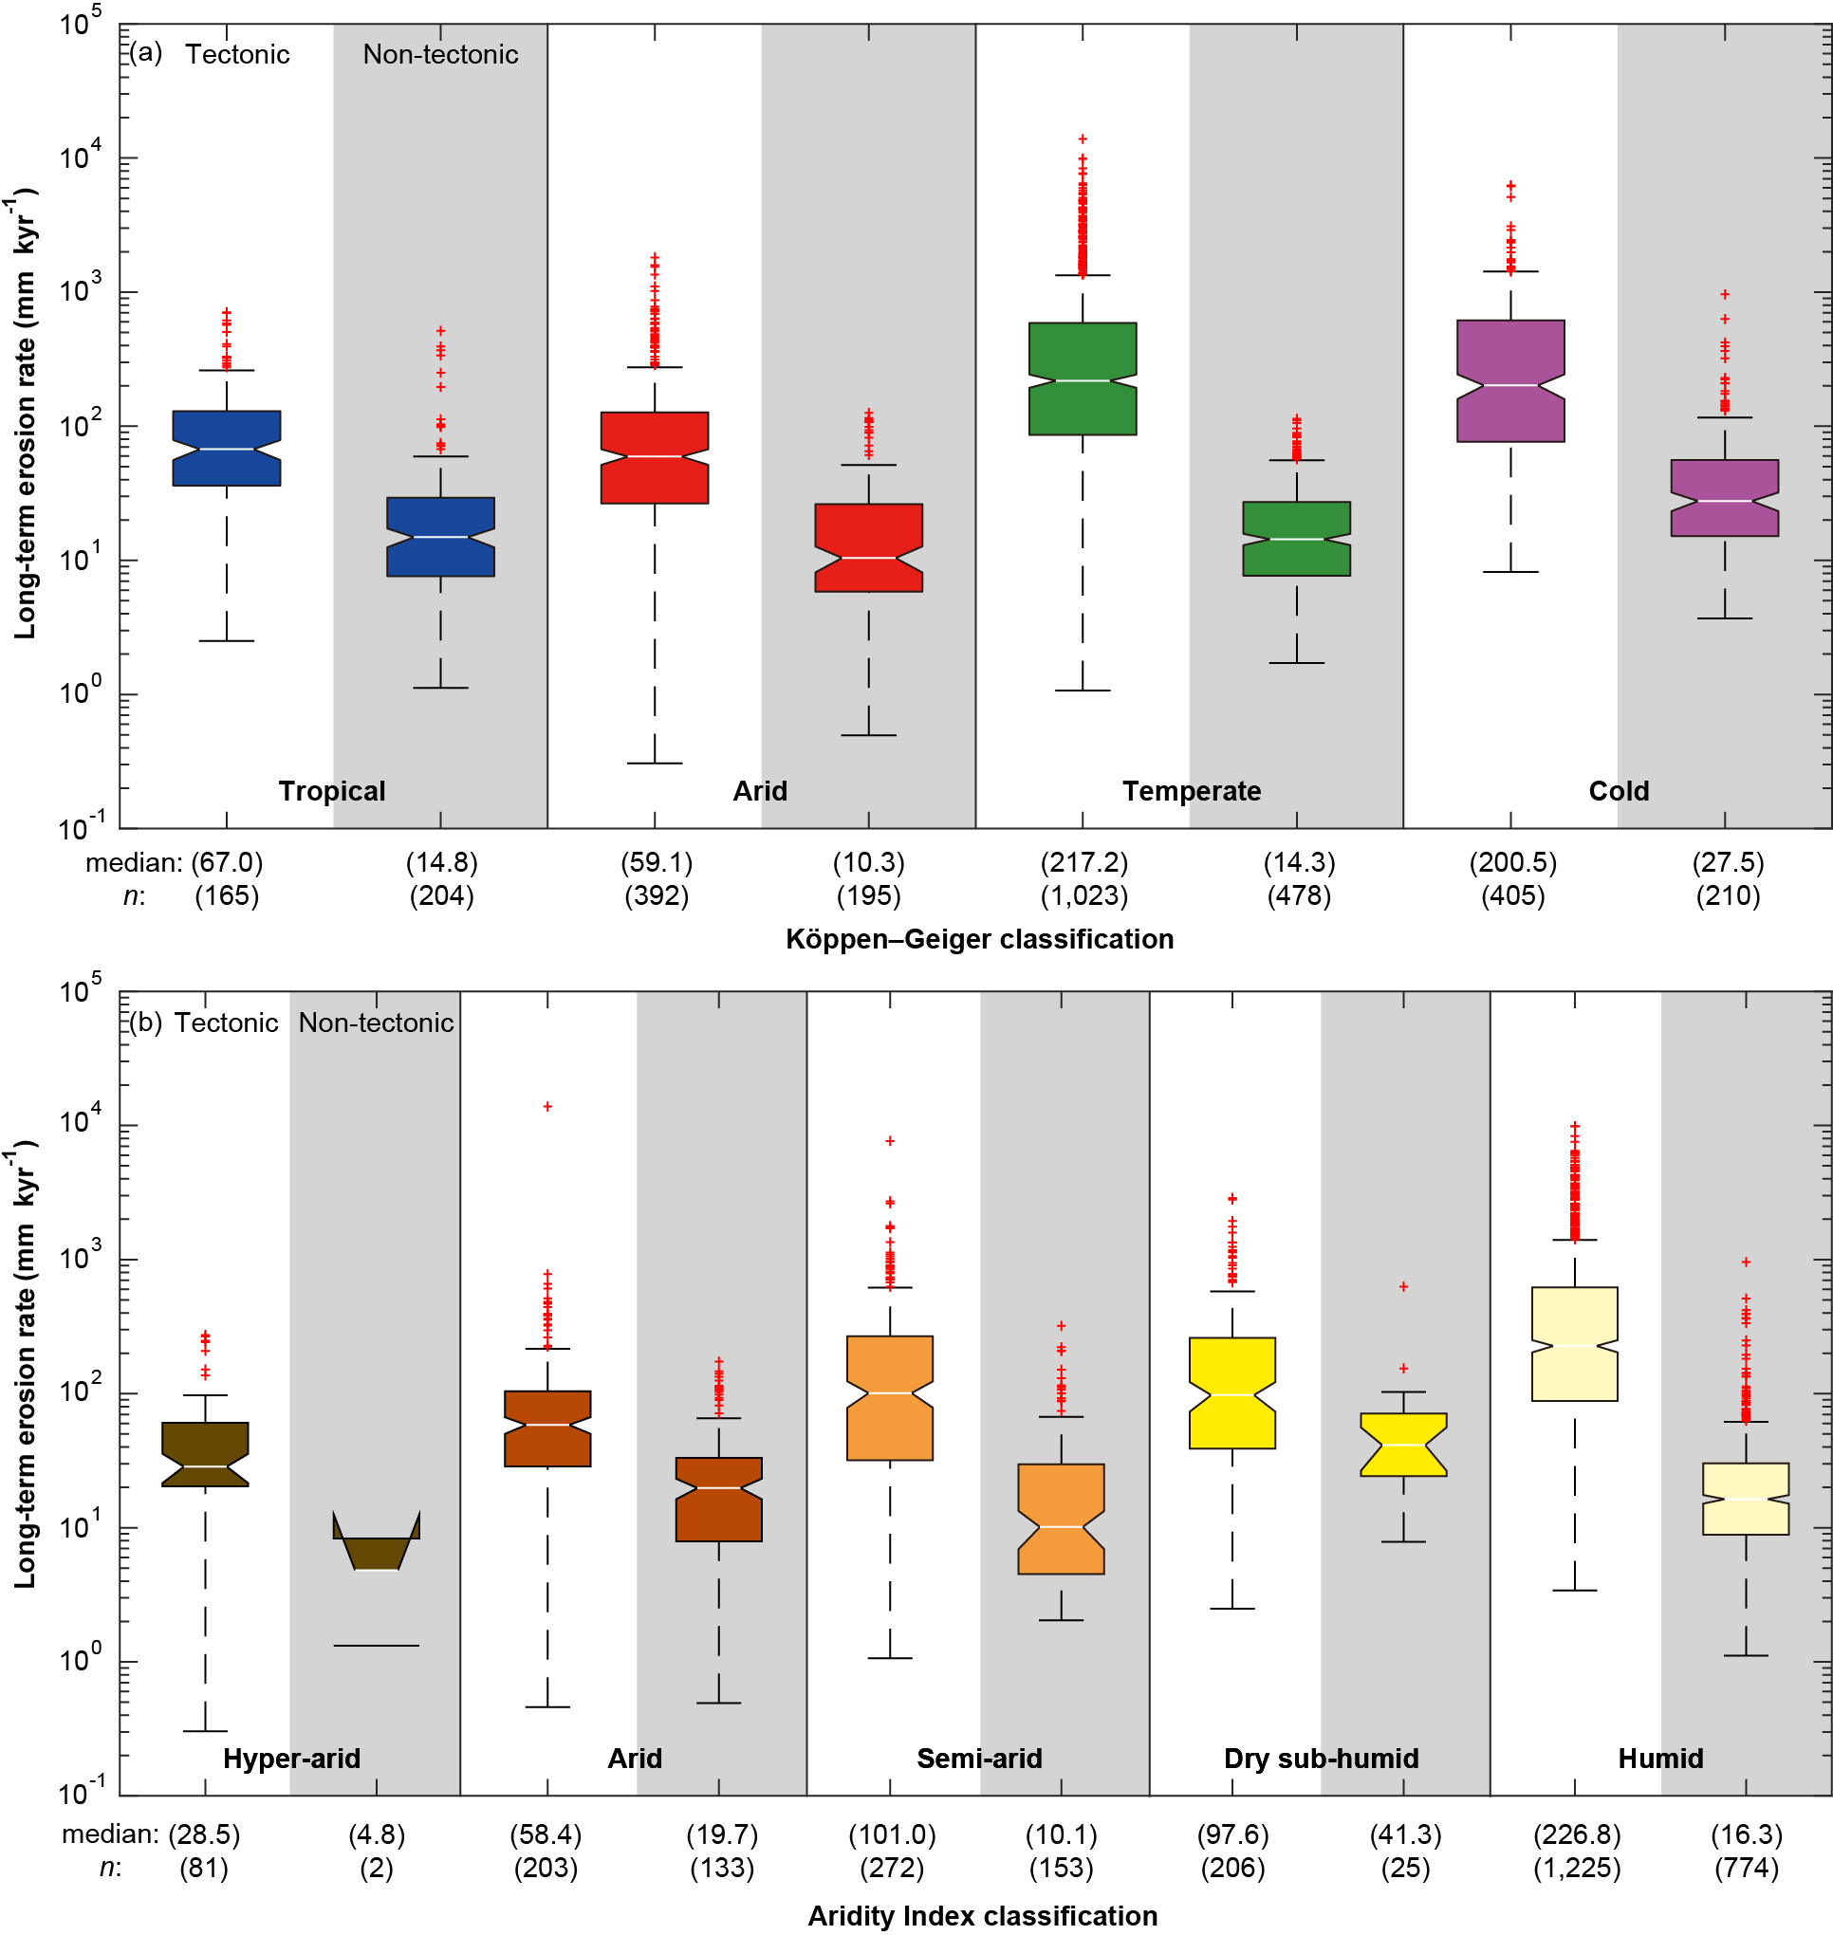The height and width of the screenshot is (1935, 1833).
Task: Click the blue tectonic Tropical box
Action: tap(227, 449)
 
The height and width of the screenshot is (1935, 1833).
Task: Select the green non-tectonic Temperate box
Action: tap(1297, 538)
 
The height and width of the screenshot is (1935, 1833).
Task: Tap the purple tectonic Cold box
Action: tap(1510, 381)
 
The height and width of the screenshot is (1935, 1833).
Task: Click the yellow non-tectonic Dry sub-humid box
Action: tap(1403, 1444)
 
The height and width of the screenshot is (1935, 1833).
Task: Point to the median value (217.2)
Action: tap(1083, 862)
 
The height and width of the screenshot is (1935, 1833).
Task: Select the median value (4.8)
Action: tap(376, 1834)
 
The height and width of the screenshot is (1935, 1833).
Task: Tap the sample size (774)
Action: tap(1746, 1868)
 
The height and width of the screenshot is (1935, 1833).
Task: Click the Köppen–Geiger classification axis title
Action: tap(979, 939)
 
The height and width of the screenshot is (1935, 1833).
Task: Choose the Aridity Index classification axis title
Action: tap(982, 1915)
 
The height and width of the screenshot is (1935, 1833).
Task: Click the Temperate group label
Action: tap(1191, 791)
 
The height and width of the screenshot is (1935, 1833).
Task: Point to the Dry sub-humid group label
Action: tap(1321, 1759)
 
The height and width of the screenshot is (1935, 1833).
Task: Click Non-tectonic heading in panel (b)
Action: tap(376, 1023)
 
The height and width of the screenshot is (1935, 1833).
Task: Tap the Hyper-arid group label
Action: tap(291, 1759)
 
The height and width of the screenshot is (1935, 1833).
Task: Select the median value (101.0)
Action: tap(891, 1834)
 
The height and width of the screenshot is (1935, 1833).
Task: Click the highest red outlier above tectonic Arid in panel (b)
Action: tap(548, 1107)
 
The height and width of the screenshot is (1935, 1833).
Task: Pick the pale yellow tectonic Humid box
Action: tap(1574, 1344)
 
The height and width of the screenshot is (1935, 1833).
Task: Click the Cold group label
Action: tap(1618, 791)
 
